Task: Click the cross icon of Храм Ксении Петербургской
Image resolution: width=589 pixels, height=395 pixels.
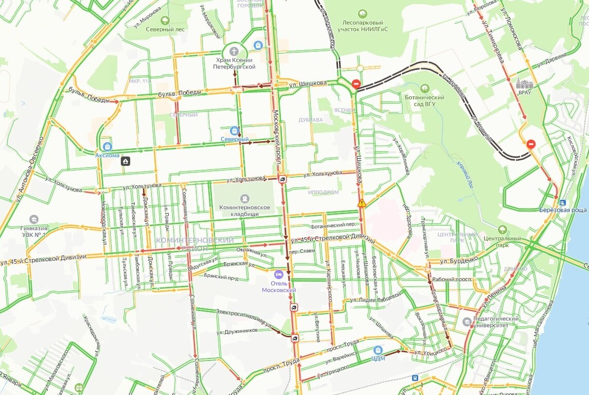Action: pos(235,51)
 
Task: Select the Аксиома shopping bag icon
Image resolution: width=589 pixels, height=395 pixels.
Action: pos(107,146)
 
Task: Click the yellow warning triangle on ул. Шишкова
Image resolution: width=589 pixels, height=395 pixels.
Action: pos(362,203)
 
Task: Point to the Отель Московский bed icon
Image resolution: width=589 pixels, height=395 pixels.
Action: pos(279,274)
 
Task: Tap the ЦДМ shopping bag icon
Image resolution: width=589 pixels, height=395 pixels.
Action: pos(379,349)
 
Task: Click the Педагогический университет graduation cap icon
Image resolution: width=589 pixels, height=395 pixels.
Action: pos(467,322)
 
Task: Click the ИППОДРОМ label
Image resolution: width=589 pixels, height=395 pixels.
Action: pos(323,192)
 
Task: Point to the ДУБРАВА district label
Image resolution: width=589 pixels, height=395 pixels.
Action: pos(311,120)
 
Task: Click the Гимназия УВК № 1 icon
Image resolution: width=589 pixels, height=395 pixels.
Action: pos(34,219)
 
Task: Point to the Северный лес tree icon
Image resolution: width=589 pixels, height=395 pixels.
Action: pos(165,21)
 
